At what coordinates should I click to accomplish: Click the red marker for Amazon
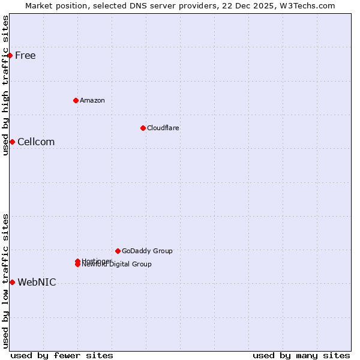[x=76, y=100]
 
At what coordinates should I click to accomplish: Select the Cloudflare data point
[x=143, y=128]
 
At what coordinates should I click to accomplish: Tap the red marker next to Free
[x=10, y=55]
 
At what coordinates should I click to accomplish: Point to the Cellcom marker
[x=12, y=142]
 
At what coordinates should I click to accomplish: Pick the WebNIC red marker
[x=12, y=282]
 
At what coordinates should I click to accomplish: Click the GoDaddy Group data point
[x=118, y=251]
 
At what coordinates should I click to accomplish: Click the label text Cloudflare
[x=163, y=128]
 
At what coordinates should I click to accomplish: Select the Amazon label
[x=92, y=100]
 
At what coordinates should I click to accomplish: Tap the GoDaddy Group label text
[x=147, y=251]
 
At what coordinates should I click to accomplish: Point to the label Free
[x=25, y=56]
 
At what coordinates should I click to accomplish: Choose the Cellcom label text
[x=36, y=142]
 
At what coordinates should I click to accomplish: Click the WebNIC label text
[x=37, y=283]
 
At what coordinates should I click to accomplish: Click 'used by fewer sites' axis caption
[x=62, y=355]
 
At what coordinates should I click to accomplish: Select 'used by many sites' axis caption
[x=301, y=355]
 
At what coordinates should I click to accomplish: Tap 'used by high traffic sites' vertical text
[x=5, y=85]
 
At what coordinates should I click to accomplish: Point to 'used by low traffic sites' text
[x=5, y=281]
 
